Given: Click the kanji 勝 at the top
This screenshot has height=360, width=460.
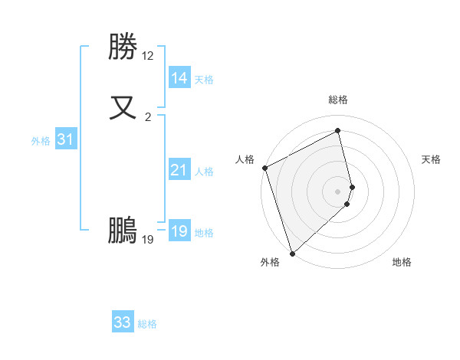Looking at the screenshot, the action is coord(123,47).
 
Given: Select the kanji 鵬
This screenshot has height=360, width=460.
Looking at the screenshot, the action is coord(123,230).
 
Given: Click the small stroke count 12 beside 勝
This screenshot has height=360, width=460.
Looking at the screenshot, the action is coord(148,56).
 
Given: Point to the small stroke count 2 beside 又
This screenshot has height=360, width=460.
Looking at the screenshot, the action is coord(148,116).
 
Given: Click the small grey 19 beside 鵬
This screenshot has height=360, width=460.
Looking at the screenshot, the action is coord(148,240).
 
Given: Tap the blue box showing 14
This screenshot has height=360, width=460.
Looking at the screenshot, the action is coord(179,78).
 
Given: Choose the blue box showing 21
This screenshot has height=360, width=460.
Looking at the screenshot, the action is coord(179,170).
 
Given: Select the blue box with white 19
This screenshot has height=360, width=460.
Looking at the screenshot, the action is coord(179,231).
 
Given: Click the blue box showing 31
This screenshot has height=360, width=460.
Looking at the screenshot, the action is coord(65,140).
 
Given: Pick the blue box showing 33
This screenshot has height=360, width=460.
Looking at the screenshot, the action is coord(123,322).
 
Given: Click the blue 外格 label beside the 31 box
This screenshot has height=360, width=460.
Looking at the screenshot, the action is coord(41,141).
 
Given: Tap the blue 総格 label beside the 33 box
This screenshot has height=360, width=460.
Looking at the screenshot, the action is coord(147,324).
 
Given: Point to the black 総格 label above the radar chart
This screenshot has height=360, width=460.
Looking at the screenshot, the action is coord(338,100).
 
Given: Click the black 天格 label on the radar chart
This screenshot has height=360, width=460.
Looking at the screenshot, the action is coord(431,159).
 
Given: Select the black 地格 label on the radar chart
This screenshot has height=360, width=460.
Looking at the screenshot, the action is coord(402,262).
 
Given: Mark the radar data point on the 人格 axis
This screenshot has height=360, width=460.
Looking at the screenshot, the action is coord(264,168).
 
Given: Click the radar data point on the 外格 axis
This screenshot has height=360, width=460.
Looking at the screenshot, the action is coord(292,253).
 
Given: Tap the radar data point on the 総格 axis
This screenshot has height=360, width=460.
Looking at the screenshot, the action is coord(338,132).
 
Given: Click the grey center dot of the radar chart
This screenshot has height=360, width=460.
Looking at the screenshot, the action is coord(338,191).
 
